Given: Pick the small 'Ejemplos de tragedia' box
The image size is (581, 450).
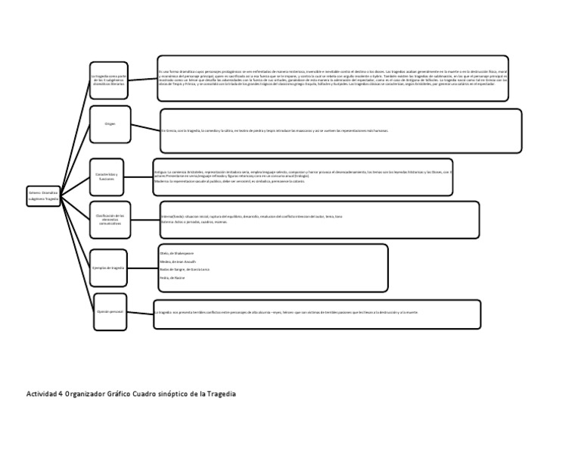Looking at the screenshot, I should coord(110,268).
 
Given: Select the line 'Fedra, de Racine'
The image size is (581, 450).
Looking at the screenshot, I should coord(173,279).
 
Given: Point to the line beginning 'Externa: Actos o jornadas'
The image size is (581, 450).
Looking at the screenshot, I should coord(194,223).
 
